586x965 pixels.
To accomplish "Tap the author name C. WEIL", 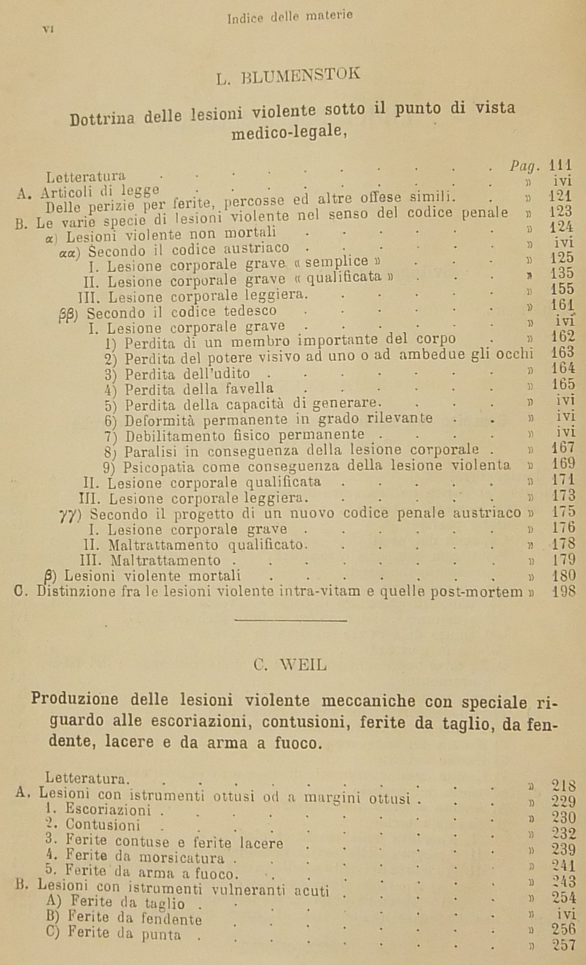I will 290,665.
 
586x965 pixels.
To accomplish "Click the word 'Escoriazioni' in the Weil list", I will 108,810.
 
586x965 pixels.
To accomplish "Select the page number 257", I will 564,945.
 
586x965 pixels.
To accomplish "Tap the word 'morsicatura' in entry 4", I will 182,856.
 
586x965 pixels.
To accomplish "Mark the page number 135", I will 562,273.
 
